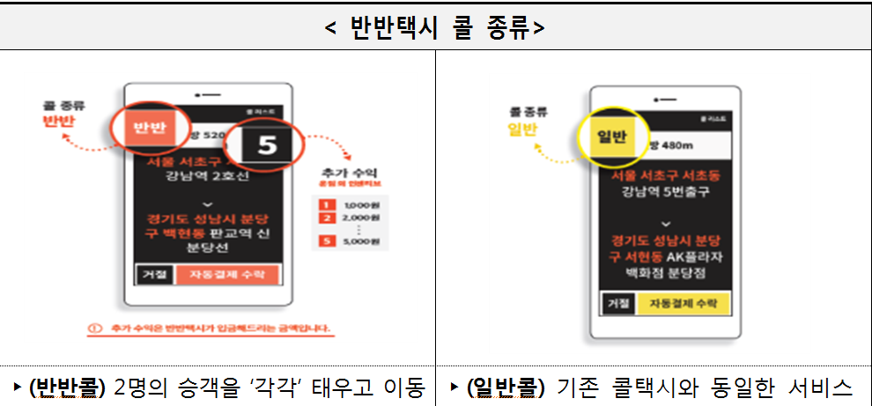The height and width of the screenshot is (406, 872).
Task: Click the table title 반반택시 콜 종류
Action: pyautogui.click(x=435, y=27)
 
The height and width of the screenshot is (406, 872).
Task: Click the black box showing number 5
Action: pyautogui.click(x=267, y=144)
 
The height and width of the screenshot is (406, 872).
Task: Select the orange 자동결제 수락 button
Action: pyautogui.click(x=227, y=275)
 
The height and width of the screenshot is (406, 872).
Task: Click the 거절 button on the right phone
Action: pyautogui.click(x=617, y=304)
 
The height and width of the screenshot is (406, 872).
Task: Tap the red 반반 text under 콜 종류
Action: pyautogui.click(x=58, y=122)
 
